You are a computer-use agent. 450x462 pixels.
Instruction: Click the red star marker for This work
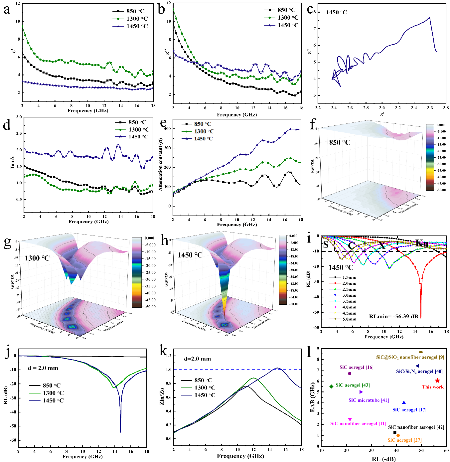click(x=437, y=381)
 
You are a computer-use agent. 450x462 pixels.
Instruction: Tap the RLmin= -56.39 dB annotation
click(x=393, y=316)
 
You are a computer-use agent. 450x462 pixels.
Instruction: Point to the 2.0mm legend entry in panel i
click(x=349, y=283)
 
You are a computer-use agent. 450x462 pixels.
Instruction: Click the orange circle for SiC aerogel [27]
click(x=398, y=435)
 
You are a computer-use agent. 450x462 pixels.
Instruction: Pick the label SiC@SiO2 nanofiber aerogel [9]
click(x=410, y=357)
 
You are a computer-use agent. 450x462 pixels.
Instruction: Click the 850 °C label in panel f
click(x=340, y=143)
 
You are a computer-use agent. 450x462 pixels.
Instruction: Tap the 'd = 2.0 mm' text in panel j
click(x=43, y=368)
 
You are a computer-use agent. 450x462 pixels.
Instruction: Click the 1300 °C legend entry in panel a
click(x=137, y=19)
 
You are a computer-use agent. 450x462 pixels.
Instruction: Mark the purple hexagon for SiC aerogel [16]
click(x=350, y=374)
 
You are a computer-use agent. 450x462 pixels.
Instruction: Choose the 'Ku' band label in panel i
click(x=422, y=244)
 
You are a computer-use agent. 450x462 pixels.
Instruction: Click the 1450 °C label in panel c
click(x=336, y=13)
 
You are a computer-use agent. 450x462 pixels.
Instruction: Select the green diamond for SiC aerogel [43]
click(x=331, y=386)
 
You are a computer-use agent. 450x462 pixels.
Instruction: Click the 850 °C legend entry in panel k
click(x=203, y=380)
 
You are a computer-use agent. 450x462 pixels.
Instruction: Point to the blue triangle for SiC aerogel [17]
click(x=404, y=403)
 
